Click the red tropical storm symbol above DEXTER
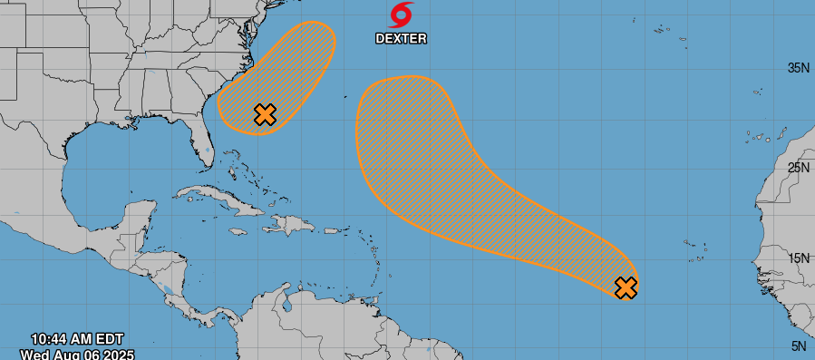402,15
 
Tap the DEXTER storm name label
401,38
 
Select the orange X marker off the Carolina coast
265,114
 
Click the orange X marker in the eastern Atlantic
626,287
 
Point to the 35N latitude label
798,68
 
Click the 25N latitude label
798,167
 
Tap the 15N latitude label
798,258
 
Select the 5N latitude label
800,345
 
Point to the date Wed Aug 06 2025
77,354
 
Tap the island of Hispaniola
288,223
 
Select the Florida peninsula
201,145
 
